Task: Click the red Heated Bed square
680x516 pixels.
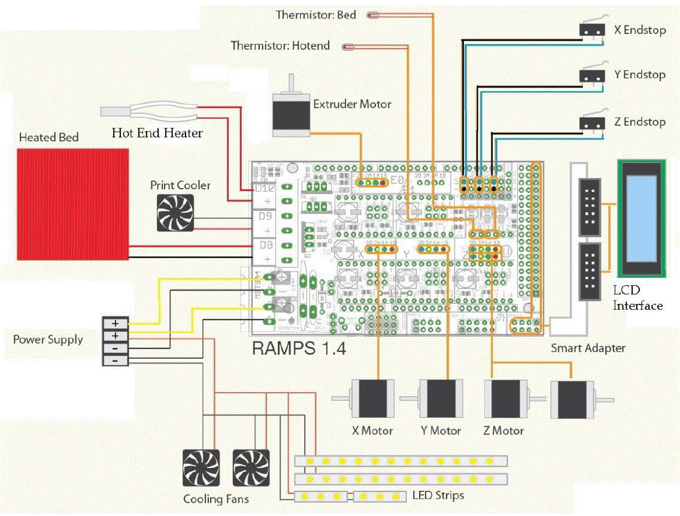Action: pos(73,203)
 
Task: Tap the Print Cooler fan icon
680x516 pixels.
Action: pos(175,213)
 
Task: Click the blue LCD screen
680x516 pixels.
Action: pos(641,218)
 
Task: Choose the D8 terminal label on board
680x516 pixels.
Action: pos(265,245)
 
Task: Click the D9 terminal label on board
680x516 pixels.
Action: pos(265,217)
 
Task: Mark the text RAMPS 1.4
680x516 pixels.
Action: pos(299,348)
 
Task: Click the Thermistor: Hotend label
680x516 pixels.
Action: pos(280,46)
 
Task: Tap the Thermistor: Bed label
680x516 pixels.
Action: pos(315,15)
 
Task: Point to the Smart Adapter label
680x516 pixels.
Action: pos(587,348)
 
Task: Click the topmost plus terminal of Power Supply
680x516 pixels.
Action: pos(115,322)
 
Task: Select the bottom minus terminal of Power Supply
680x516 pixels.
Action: pos(115,360)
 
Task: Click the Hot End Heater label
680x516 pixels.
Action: pos(157,133)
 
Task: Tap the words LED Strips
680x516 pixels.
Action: pos(438,496)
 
